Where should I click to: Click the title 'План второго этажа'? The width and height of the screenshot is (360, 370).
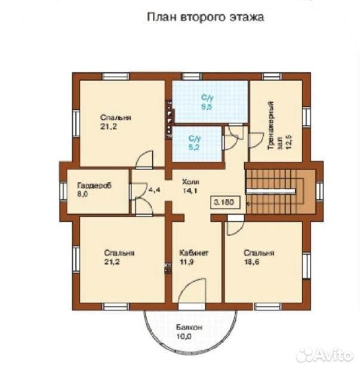[205, 17]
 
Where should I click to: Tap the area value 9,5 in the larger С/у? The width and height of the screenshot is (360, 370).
[207, 107]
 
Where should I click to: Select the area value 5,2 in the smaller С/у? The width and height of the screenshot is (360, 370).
[194, 147]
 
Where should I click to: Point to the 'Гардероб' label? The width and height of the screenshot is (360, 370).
[94, 185]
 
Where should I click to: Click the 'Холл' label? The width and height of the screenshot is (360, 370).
[190, 182]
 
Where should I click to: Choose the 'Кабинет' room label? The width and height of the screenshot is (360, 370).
[194, 252]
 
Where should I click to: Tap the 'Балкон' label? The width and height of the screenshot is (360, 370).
[189, 327]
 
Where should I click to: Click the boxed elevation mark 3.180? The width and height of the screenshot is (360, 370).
[226, 202]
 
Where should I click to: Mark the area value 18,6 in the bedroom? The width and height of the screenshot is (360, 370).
[252, 262]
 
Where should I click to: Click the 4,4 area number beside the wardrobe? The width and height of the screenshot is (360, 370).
[155, 190]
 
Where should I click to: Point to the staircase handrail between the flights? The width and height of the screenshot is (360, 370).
[270, 191]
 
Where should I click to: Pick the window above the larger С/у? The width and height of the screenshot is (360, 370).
[192, 76]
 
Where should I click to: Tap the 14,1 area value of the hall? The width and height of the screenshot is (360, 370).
[190, 190]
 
